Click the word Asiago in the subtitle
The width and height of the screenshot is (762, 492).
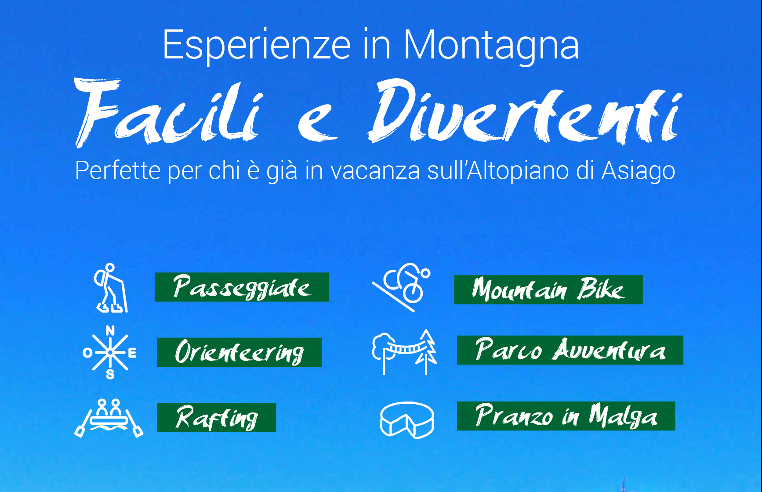click(638, 171)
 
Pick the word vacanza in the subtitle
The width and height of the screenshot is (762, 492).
click(375, 171)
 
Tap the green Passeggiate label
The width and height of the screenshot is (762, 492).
click(242, 287)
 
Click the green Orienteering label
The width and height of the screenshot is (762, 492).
click(239, 352)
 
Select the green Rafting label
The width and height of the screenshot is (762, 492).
click(217, 417)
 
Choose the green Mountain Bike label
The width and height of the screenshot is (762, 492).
click(548, 289)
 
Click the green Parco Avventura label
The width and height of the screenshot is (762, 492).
click(570, 350)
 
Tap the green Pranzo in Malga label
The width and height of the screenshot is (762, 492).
click(566, 416)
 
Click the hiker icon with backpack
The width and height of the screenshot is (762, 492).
click(111, 288)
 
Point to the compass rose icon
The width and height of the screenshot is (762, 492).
click(110, 352)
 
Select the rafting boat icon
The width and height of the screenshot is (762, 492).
click(109, 418)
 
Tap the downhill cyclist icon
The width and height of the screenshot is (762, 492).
click(402, 287)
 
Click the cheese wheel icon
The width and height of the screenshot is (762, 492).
click(407, 420)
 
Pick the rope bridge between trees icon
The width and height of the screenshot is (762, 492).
click(405, 352)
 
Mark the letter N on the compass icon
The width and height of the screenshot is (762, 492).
click(110, 330)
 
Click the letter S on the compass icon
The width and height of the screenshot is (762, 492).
click(110, 374)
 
